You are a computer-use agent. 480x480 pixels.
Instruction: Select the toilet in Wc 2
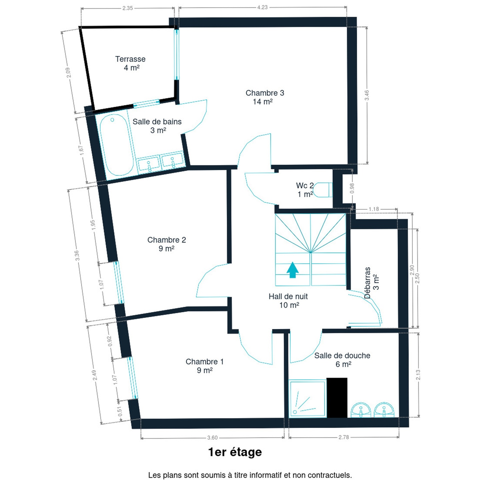[323, 190]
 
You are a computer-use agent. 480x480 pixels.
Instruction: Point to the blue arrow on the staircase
[292, 270]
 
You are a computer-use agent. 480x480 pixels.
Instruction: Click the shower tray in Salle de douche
[307, 399]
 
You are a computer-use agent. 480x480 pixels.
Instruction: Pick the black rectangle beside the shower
[337, 398]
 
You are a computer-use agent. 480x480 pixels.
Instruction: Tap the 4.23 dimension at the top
[262, 7]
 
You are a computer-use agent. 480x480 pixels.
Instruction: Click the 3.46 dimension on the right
[367, 95]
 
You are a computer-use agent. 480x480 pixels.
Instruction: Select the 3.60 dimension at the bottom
[212, 438]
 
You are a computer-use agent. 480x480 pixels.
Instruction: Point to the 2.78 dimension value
[344, 437]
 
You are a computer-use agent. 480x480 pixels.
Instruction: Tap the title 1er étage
[235, 452]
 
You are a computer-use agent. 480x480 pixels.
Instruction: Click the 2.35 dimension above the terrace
[128, 8]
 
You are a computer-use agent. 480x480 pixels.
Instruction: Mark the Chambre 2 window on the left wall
[119, 282]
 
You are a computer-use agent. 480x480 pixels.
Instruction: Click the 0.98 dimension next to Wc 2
[352, 188]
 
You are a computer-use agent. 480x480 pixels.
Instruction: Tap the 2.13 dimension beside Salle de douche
[418, 375]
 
